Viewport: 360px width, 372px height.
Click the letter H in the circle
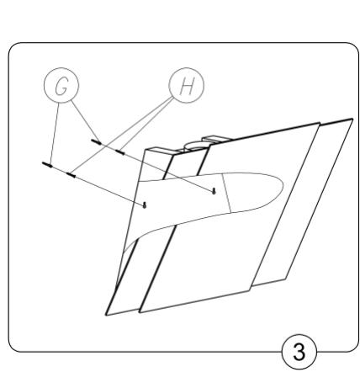pos(185,85)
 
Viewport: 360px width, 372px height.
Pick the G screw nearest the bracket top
pos(98,142)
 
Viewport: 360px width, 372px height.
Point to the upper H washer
pos(120,152)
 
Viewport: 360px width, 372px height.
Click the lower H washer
pos(71,174)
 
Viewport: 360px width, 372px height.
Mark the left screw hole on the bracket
pos(146,204)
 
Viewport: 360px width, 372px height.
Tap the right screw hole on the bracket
pos(216,190)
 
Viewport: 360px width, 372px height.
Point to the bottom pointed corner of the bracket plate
pos(109,313)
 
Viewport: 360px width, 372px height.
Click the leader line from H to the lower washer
pos(126,130)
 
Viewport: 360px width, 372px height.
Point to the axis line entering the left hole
pos(109,189)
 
